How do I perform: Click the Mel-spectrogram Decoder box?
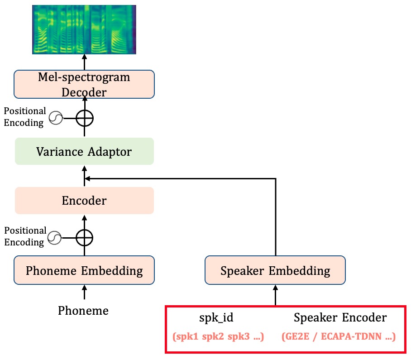click(x=84, y=84)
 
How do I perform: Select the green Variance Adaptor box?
click(x=84, y=151)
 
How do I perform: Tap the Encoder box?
click(x=84, y=201)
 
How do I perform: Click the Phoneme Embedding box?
click(x=84, y=271)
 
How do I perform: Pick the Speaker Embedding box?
click(x=275, y=271)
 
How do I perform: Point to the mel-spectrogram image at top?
click(x=84, y=30)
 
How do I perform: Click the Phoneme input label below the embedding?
click(x=83, y=311)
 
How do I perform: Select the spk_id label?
click(x=216, y=318)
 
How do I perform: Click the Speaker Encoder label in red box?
click(x=340, y=318)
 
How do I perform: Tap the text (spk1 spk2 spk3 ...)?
click(x=218, y=337)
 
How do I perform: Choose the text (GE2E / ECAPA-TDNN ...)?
click(x=339, y=337)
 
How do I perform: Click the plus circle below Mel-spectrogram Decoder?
click(x=84, y=119)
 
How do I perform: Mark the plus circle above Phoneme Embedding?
click(x=84, y=237)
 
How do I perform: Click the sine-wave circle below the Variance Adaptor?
click(x=55, y=237)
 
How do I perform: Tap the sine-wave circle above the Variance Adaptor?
click(x=55, y=119)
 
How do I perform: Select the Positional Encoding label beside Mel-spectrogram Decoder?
click(x=25, y=116)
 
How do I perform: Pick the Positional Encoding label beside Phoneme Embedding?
click(x=25, y=236)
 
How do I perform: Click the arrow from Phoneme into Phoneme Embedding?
click(x=84, y=293)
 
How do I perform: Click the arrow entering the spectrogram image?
click(x=84, y=62)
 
